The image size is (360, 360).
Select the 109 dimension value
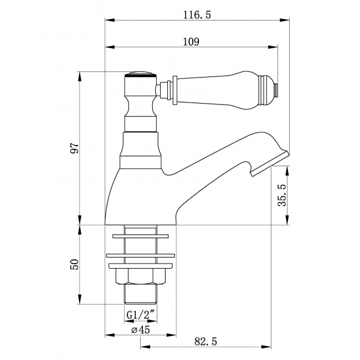tap(192, 42)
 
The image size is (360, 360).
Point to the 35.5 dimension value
tap(282, 194)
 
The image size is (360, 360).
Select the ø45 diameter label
tap(140, 330)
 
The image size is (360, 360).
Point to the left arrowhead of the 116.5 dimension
tap(109, 21)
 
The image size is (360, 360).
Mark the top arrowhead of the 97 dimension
tap(81, 74)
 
